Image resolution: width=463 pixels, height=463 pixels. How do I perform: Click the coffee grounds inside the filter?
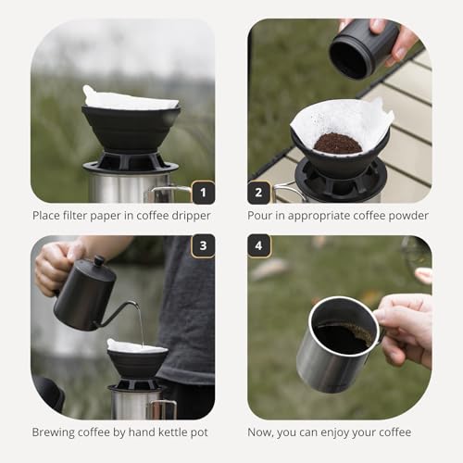pyautogui.click(x=338, y=143)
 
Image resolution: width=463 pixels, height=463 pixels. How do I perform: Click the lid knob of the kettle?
pyautogui.click(x=99, y=261)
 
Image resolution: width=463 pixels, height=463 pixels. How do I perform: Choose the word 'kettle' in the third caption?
pyautogui.click(x=177, y=432)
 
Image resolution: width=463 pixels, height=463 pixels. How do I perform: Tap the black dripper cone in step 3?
pyautogui.click(x=137, y=363)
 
